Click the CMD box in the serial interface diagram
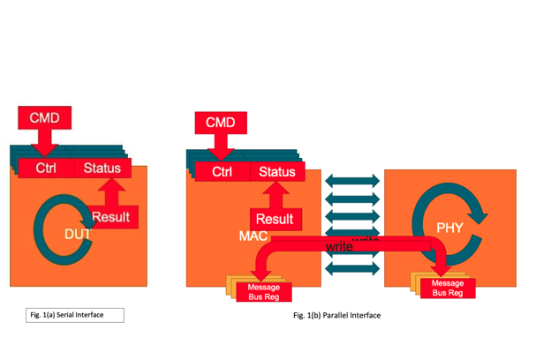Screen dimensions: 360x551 (x=45, y=117)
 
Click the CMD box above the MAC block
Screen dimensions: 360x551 (x=220, y=122)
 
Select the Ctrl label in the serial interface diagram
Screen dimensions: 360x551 (x=46, y=168)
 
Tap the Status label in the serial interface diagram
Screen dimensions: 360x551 (x=102, y=168)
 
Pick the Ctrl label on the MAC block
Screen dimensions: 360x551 (x=222, y=172)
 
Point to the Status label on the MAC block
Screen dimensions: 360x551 (x=276, y=172)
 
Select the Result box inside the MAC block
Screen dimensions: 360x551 (x=274, y=219)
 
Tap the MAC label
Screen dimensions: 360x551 (x=253, y=236)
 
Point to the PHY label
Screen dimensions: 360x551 (x=449, y=227)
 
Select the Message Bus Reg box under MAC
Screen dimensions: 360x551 (x=263, y=291)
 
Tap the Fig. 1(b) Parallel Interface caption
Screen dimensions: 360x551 (x=337, y=315)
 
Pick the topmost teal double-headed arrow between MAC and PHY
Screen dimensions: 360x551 (x=352, y=181)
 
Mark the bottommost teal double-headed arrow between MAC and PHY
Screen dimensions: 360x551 (x=352, y=268)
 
